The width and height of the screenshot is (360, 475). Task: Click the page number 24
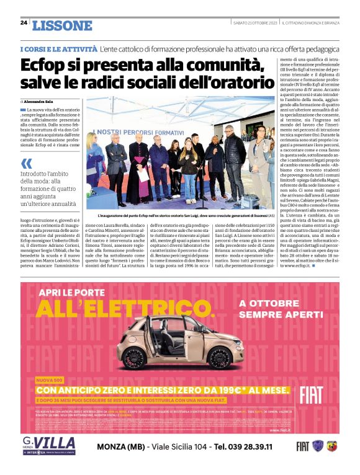(x=24, y=22)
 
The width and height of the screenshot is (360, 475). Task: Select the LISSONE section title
(x=62, y=25)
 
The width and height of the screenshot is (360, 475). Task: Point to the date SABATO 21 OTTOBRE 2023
(x=254, y=23)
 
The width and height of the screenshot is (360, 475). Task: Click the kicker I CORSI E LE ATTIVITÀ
(x=58, y=48)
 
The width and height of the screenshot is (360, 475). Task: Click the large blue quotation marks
(x=26, y=164)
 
